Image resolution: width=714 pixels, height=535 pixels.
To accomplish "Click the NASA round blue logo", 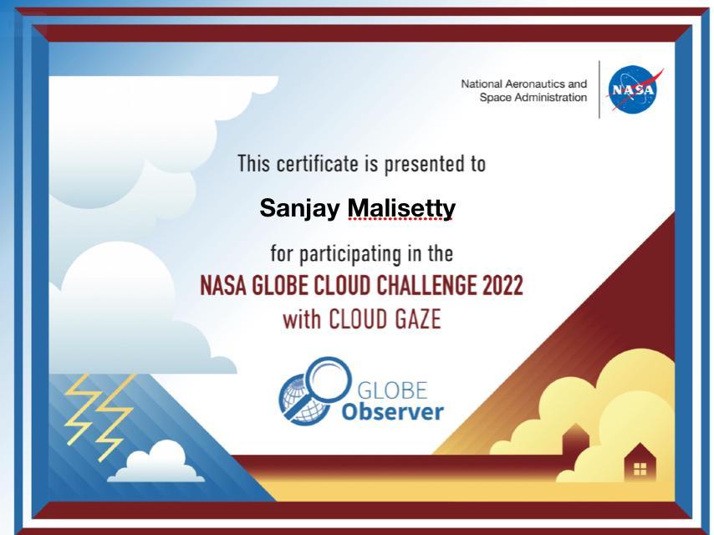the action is (632, 89).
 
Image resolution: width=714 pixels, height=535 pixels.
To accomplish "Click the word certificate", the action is (318, 164).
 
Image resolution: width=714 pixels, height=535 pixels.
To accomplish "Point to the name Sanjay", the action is (299, 208).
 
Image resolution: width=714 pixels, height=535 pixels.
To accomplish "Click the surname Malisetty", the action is (401, 208).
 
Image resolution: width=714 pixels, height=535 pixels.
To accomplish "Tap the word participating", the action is (350, 254).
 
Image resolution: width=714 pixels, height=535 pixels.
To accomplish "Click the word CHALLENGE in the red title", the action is (426, 286).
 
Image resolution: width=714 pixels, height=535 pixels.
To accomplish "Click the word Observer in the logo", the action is (392, 411).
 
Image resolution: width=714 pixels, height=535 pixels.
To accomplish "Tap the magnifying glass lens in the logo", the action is (329, 380).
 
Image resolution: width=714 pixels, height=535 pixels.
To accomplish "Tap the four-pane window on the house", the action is (640, 469).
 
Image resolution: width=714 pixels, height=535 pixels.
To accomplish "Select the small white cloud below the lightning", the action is (156, 462).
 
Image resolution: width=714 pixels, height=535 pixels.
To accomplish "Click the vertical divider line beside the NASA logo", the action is (599, 89).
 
